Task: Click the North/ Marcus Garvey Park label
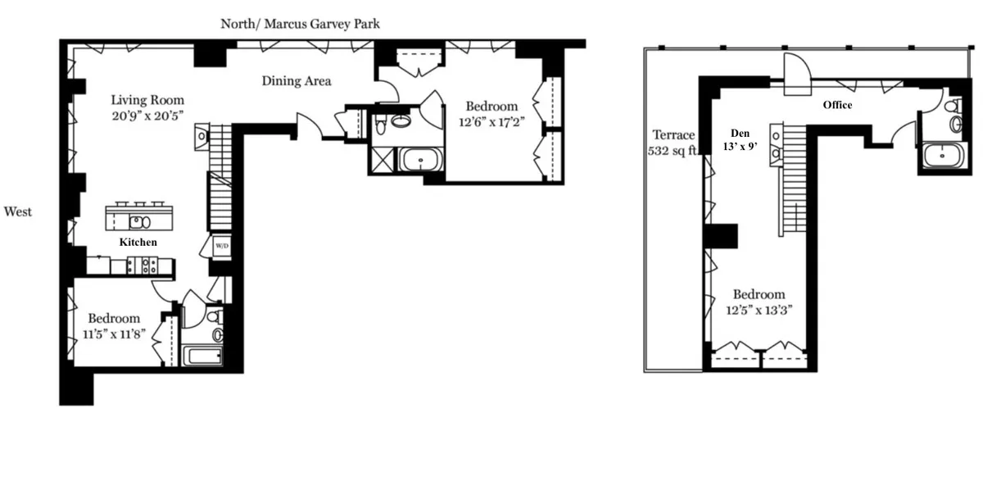pos(300,24)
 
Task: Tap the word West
pos(18,212)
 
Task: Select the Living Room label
pos(148,101)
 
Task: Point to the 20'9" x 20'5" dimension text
pos(148,116)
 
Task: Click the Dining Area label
pos(297,81)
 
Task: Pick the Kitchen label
pos(138,243)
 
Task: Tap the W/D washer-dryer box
pos(221,246)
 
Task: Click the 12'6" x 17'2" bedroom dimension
pos(491,122)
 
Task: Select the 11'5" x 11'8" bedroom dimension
pos(114,334)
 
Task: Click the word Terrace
pos(673,135)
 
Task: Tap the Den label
pos(741,131)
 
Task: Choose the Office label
pos(837,105)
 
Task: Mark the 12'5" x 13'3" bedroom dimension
pos(759,311)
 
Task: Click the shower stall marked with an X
pos(381,159)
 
